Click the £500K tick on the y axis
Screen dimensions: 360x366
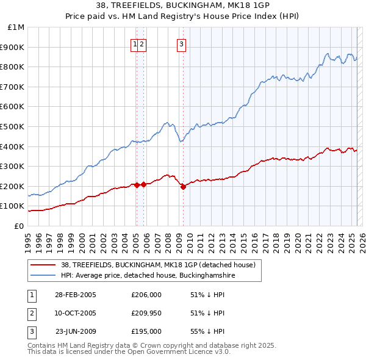[x=13, y=126]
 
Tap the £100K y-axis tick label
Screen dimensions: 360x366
[x=13, y=206]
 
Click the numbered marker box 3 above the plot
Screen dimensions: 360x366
[x=182, y=43]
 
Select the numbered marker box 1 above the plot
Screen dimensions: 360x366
[x=134, y=43]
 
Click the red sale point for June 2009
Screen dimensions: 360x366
[x=183, y=187]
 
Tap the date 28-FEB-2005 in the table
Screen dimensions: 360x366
[x=76, y=295]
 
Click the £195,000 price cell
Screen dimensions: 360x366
[x=146, y=331]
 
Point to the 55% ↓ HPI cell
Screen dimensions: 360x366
[x=207, y=331]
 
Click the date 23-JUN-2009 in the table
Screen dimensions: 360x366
[x=76, y=331]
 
